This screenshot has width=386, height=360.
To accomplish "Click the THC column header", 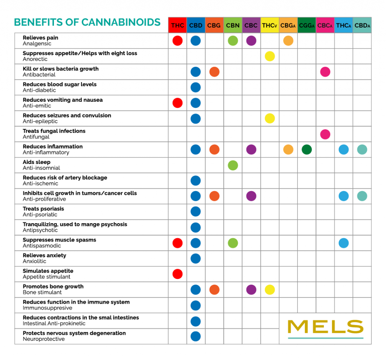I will click(178, 26).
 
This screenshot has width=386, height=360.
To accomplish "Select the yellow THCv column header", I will click(270, 26).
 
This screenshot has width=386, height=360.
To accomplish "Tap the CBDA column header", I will click(362, 26).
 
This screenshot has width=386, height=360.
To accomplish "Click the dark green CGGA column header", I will click(306, 26).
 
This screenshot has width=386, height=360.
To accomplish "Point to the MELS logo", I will click(325, 327).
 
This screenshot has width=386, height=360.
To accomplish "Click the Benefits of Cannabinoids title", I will click(87, 22).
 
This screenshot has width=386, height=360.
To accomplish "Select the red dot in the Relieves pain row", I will click(178, 41).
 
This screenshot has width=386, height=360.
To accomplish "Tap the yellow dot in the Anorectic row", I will click(270, 56).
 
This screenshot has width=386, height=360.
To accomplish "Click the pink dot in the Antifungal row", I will click(325, 134).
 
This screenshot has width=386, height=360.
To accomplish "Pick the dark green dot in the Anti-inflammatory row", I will click(306, 150).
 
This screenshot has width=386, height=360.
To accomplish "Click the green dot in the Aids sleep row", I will click(233, 165).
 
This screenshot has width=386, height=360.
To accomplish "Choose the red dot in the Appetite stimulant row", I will click(178, 274).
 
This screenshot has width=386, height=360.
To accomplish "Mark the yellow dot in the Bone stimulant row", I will click(270, 290).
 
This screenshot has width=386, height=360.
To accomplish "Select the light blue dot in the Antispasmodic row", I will click(343, 243).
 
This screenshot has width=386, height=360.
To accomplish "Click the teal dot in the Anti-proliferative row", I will click(362, 196).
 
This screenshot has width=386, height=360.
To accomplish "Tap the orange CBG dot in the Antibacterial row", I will click(214, 72).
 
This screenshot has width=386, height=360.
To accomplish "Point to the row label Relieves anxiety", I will click(44, 256).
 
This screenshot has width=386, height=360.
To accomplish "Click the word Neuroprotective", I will click(44, 339).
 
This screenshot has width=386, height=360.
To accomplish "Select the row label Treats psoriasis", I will click(43, 209).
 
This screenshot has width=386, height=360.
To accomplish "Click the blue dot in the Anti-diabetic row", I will click(196, 87).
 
